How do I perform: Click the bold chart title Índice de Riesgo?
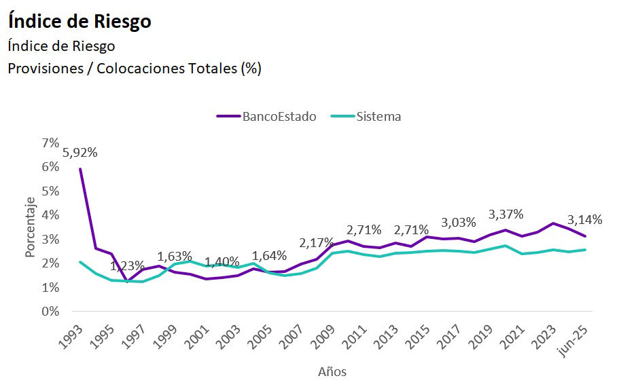click(80, 21)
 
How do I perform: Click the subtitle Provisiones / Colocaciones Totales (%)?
click(134, 69)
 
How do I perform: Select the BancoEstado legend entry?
click(279, 116)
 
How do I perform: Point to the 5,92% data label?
click(80, 153)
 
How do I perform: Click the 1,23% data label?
click(127, 265)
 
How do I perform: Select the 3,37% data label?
click(506, 215)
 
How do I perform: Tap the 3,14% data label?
click(585, 219)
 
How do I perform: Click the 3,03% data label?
click(459, 222)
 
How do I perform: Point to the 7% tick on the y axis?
click(50, 143)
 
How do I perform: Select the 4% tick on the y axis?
click(50, 215)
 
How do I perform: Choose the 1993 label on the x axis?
click(71, 337)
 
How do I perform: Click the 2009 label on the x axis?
click(325, 337)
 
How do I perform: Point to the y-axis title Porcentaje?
click(31, 227)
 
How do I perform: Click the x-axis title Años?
click(332, 372)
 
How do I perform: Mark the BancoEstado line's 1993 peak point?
click(80, 169)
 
